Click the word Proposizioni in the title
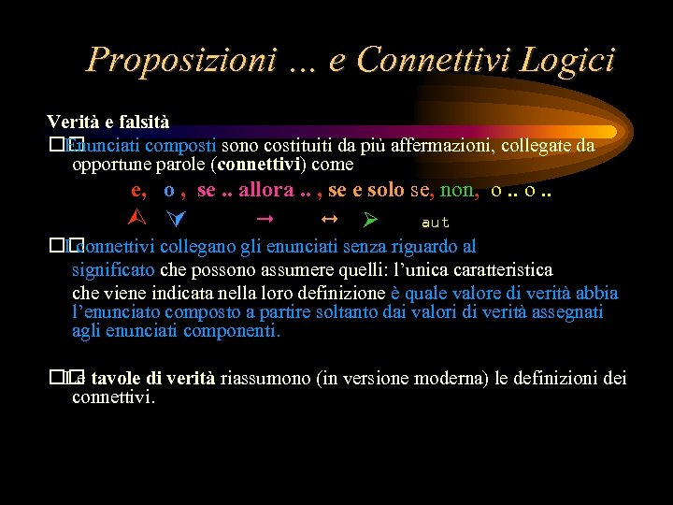tap(179, 60)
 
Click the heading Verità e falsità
tap(108, 123)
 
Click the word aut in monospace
tap(436, 223)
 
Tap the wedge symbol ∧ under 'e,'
tap(133, 221)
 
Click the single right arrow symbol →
tap(264, 220)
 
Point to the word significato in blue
tap(114, 270)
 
